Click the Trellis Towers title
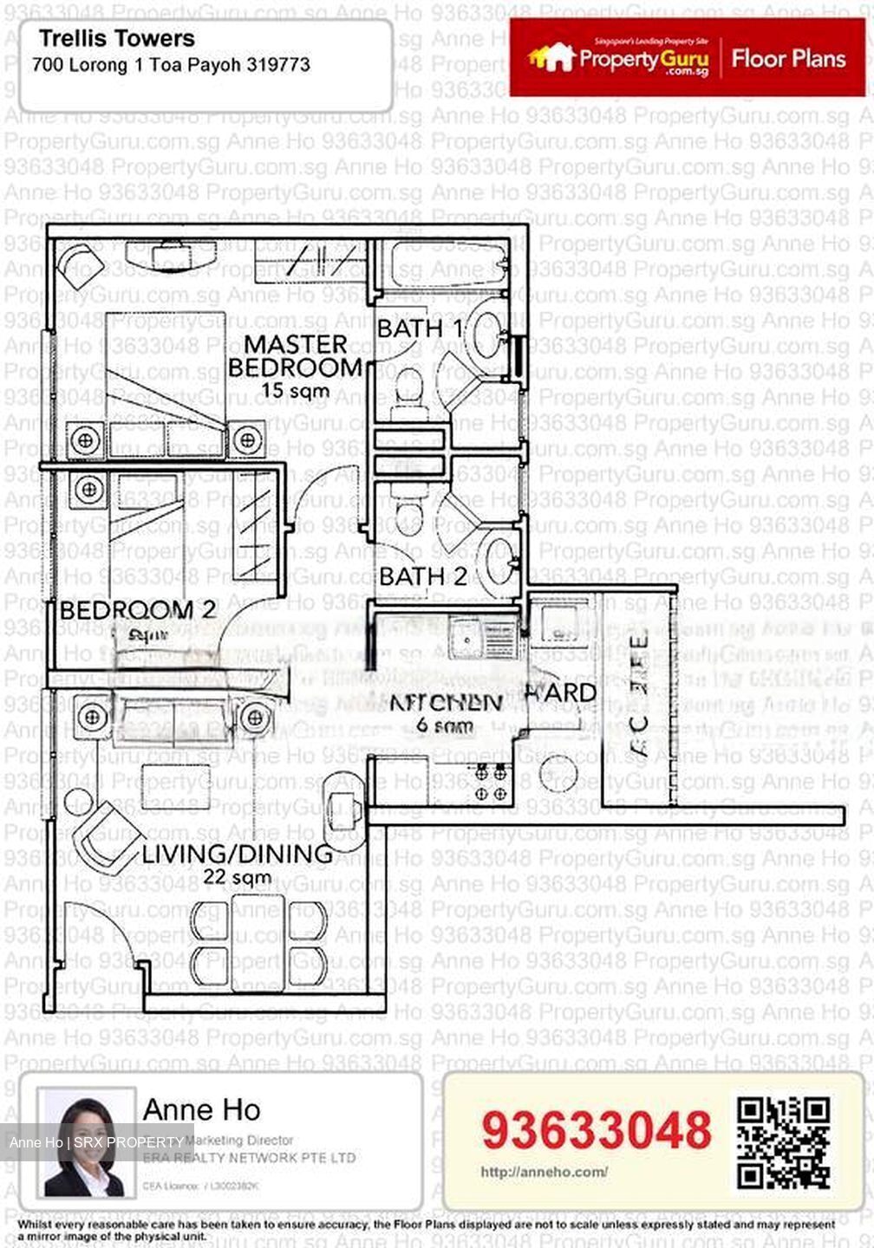(x=117, y=39)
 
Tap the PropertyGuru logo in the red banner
(x=618, y=59)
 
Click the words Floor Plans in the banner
(x=788, y=59)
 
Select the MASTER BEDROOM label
(x=295, y=355)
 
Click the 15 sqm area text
(x=295, y=391)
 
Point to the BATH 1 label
(x=420, y=329)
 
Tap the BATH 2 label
(x=423, y=576)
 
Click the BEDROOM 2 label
(x=137, y=610)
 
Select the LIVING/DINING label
(x=237, y=854)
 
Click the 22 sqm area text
(x=237, y=877)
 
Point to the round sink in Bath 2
(x=499, y=559)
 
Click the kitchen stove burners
(x=491, y=782)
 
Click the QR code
(x=783, y=1142)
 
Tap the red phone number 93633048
(x=596, y=1130)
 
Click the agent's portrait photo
(x=84, y=1142)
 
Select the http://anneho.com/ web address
(x=544, y=1172)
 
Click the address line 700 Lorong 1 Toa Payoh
(x=171, y=65)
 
